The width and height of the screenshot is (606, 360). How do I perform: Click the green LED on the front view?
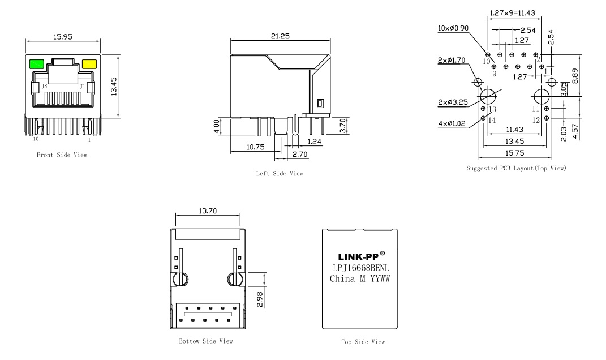pyautogui.click(x=37, y=64)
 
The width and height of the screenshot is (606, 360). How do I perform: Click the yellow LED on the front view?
pyautogui.click(x=89, y=64)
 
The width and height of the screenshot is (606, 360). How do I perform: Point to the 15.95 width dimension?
pyautogui.click(x=62, y=37)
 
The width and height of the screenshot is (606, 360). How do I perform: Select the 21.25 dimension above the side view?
pyautogui.click(x=280, y=35)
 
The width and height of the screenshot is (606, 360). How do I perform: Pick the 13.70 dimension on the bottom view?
pyautogui.click(x=208, y=211)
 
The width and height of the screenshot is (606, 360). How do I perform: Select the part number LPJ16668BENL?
pyautogui.click(x=357, y=267)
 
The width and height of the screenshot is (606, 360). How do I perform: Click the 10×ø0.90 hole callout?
pyautogui.click(x=454, y=28)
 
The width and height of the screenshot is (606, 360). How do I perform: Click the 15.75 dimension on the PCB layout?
pyautogui.click(x=514, y=152)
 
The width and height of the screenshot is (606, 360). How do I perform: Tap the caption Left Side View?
pyautogui.click(x=280, y=173)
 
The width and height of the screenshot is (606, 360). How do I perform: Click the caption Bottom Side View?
pyautogui.click(x=205, y=341)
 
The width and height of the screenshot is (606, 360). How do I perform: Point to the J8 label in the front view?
pyautogui.click(x=44, y=86)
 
